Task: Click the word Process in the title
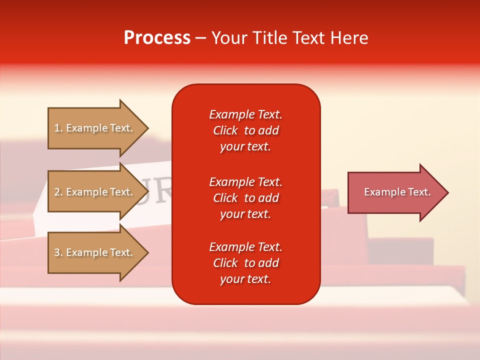[x=157, y=38]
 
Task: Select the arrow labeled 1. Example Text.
[x=95, y=128]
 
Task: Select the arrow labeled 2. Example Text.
[x=95, y=192]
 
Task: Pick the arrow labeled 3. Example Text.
[x=95, y=252]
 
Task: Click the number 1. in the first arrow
[x=58, y=128]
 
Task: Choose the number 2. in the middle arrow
[x=58, y=192]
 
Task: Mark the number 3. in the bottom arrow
[x=58, y=252]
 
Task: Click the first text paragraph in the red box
[x=245, y=130]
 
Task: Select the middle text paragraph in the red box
[x=245, y=198]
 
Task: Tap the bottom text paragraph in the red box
[x=245, y=263]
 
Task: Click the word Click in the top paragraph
[x=225, y=130]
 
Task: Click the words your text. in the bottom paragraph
[x=245, y=279]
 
